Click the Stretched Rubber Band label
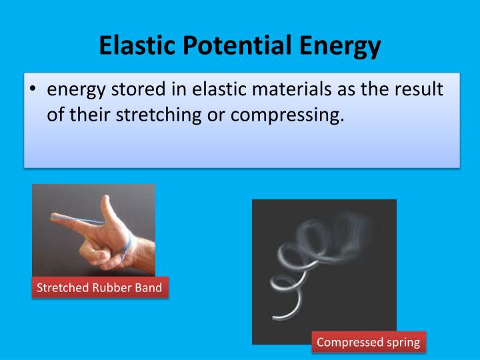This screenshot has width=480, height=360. click(x=99, y=288)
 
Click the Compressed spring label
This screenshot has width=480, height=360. click(x=368, y=342)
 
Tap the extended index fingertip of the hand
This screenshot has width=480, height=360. click(x=53, y=217)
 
